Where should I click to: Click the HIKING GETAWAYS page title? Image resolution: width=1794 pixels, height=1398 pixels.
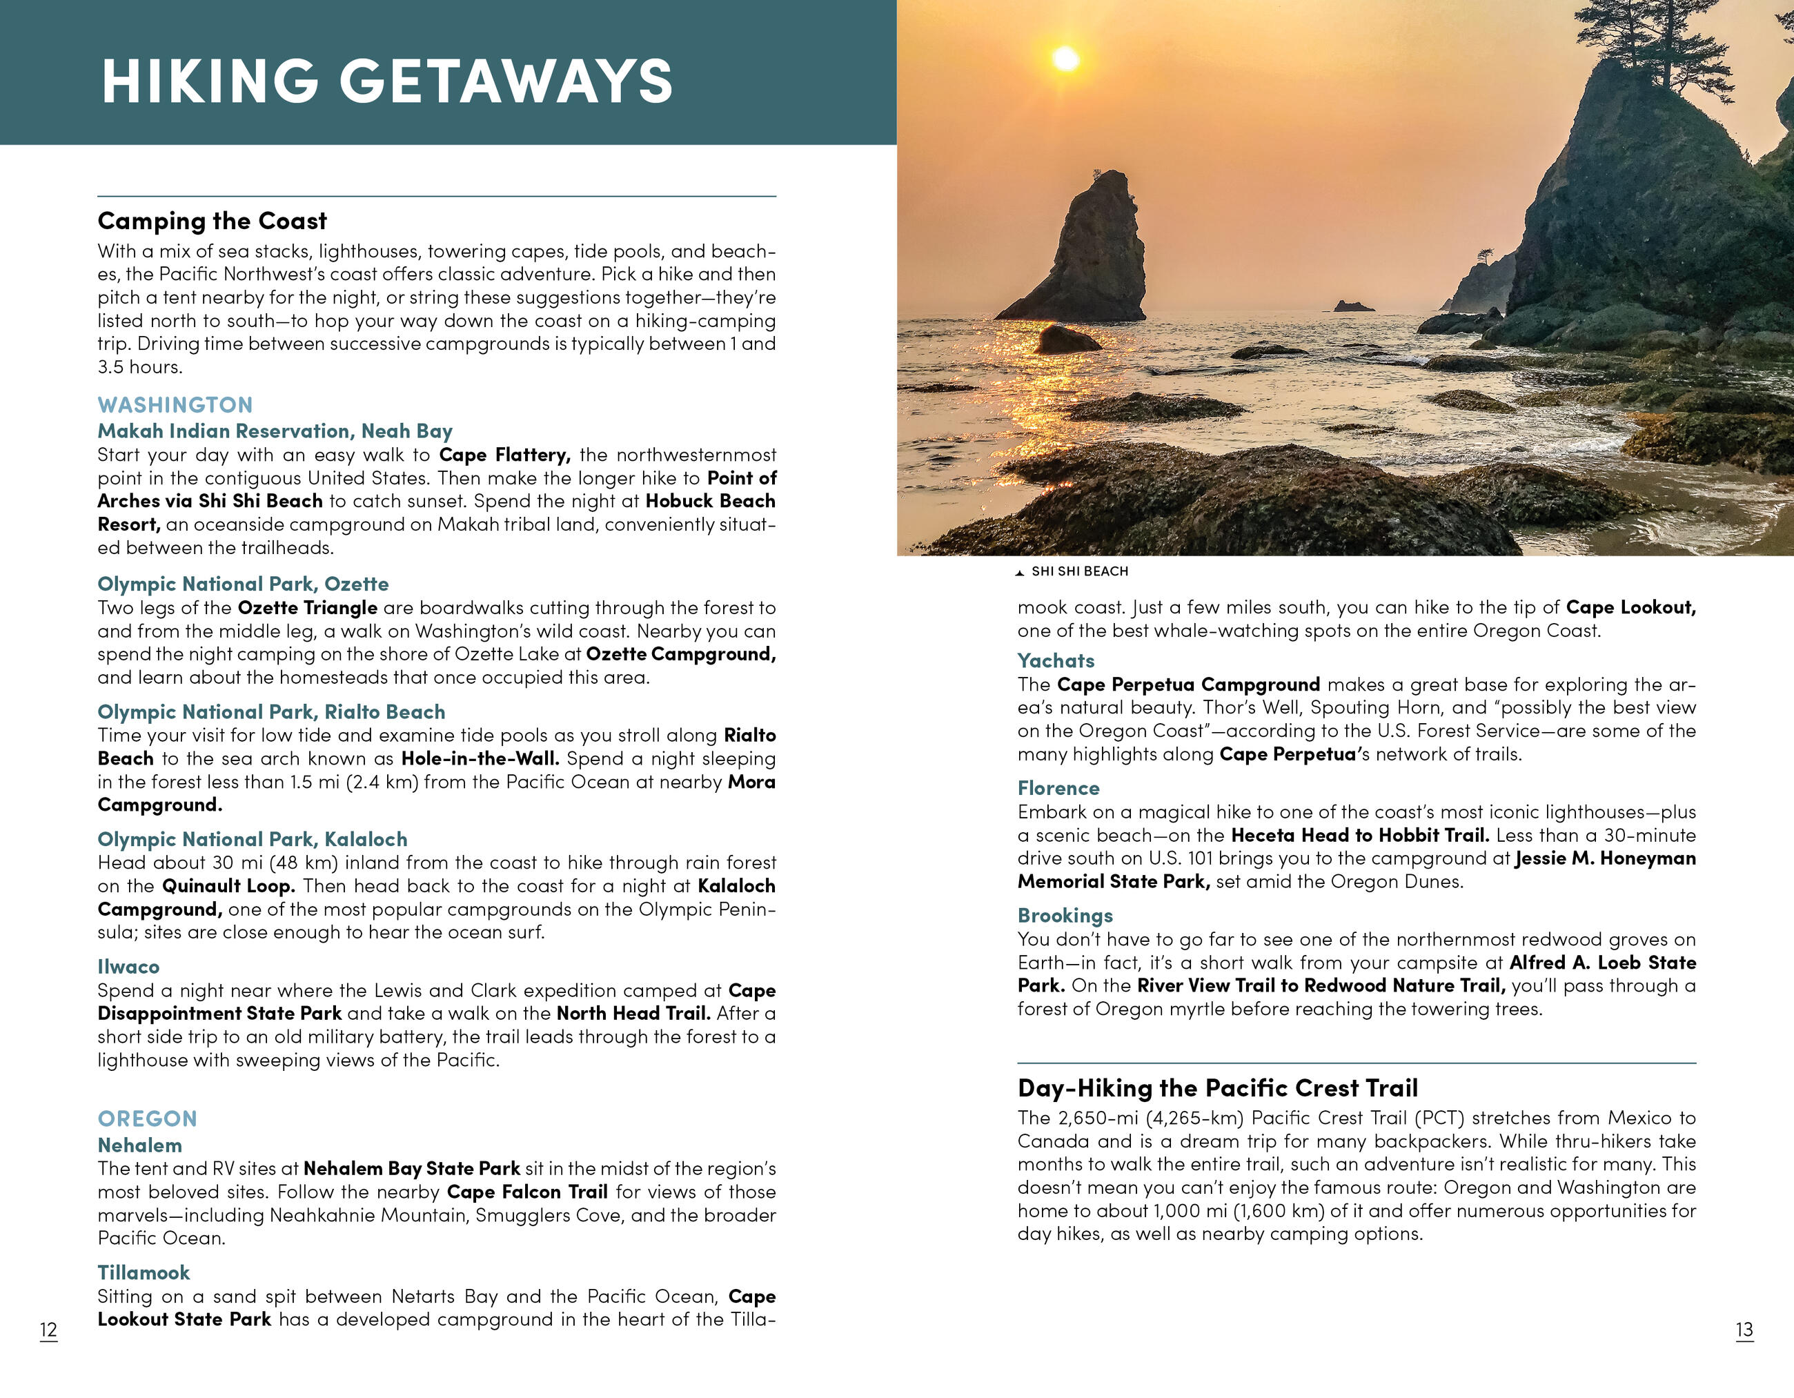pyautogui.click(x=387, y=81)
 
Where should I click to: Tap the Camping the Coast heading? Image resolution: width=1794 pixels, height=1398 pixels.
pyautogui.click(x=212, y=221)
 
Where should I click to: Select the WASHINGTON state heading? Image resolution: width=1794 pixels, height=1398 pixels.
pyautogui.click(x=175, y=405)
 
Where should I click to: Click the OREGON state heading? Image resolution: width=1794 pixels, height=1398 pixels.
pyautogui.click(x=147, y=1119)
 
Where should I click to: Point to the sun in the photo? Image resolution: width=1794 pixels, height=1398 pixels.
pyautogui.click(x=1065, y=59)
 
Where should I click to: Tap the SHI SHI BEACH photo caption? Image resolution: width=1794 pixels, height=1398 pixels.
pyautogui.click(x=1079, y=571)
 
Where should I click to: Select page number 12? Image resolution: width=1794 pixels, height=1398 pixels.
pyautogui.click(x=48, y=1330)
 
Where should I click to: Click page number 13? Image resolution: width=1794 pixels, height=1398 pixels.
pyautogui.click(x=1744, y=1330)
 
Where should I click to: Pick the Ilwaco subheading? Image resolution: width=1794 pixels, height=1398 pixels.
pyautogui.click(x=128, y=967)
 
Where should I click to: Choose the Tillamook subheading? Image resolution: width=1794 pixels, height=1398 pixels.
pyautogui.click(x=144, y=1273)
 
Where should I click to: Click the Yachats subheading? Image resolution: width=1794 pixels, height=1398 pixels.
pyautogui.click(x=1056, y=661)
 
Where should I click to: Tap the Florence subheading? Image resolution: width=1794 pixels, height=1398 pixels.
pyautogui.click(x=1058, y=789)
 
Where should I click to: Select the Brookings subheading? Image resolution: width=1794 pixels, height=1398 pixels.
pyautogui.click(x=1065, y=916)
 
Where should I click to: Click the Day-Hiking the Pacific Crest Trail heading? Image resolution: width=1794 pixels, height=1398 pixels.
pyautogui.click(x=1217, y=1088)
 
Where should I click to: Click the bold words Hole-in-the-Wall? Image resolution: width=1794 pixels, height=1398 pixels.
pyautogui.click(x=480, y=759)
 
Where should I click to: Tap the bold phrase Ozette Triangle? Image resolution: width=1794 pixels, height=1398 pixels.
pyautogui.click(x=307, y=608)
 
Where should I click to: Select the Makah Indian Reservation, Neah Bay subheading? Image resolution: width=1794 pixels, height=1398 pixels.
pyautogui.click(x=275, y=431)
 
